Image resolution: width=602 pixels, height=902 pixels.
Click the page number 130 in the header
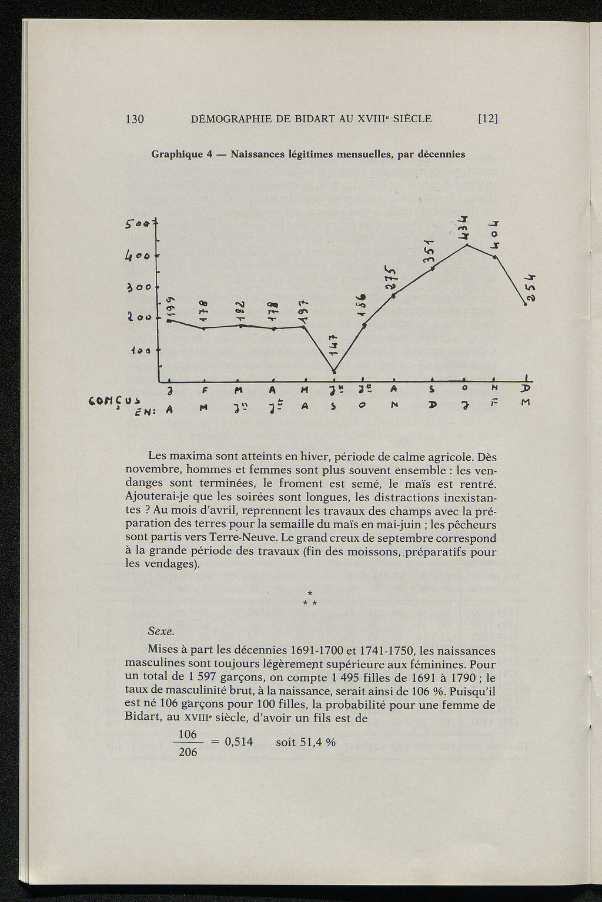point(135,119)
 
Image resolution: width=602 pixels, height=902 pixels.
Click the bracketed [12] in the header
point(488,119)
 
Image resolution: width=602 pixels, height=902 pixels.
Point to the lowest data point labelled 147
point(334,371)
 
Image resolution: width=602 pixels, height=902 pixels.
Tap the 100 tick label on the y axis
point(143,350)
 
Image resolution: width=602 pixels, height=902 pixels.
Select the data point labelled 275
point(393,296)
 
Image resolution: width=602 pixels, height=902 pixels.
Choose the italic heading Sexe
point(161,632)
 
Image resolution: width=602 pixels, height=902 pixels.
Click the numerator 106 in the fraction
point(188,735)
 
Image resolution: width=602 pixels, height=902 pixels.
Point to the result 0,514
point(239,742)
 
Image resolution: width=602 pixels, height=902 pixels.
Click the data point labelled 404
point(496,257)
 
